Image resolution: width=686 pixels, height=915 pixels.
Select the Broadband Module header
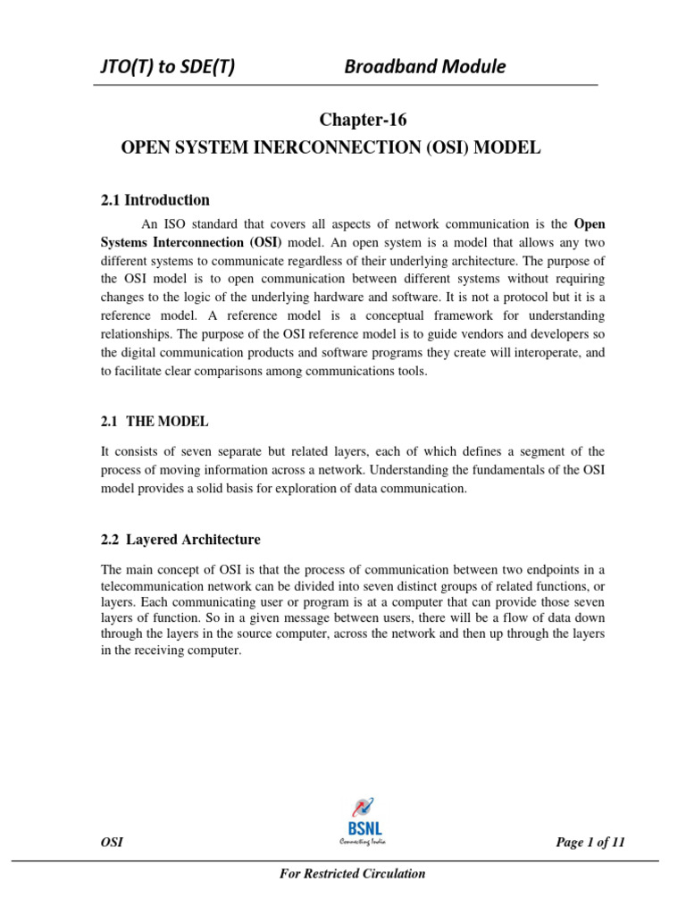(425, 67)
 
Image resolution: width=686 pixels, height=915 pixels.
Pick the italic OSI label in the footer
(112, 842)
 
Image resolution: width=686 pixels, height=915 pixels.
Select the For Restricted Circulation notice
(353, 873)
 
